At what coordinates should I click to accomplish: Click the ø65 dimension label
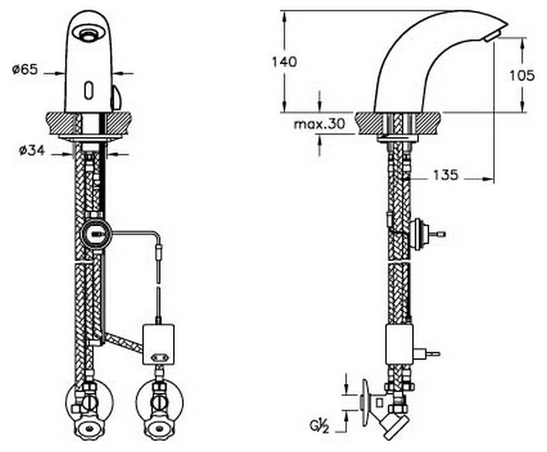[25, 69]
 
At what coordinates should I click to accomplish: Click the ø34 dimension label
[31, 150]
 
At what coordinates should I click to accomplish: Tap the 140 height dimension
[284, 62]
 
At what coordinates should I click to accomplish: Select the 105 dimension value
[522, 75]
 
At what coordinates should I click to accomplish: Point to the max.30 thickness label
[319, 124]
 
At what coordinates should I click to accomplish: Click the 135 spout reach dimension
[446, 175]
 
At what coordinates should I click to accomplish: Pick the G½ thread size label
[319, 425]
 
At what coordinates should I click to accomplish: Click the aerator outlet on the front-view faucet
[86, 34]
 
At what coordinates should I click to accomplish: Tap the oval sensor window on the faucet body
[89, 90]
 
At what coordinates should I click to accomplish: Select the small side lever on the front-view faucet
[116, 97]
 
